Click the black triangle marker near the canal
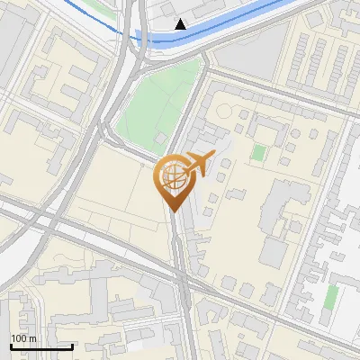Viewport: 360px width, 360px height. pyautogui.click(x=181, y=24)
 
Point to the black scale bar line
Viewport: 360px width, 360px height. pyautogui.click(x=41, y=346)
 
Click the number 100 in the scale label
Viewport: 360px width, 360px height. pyautogui.click(x=18, y=337)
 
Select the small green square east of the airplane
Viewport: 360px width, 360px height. pyautogui.click(x=259, y=152)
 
